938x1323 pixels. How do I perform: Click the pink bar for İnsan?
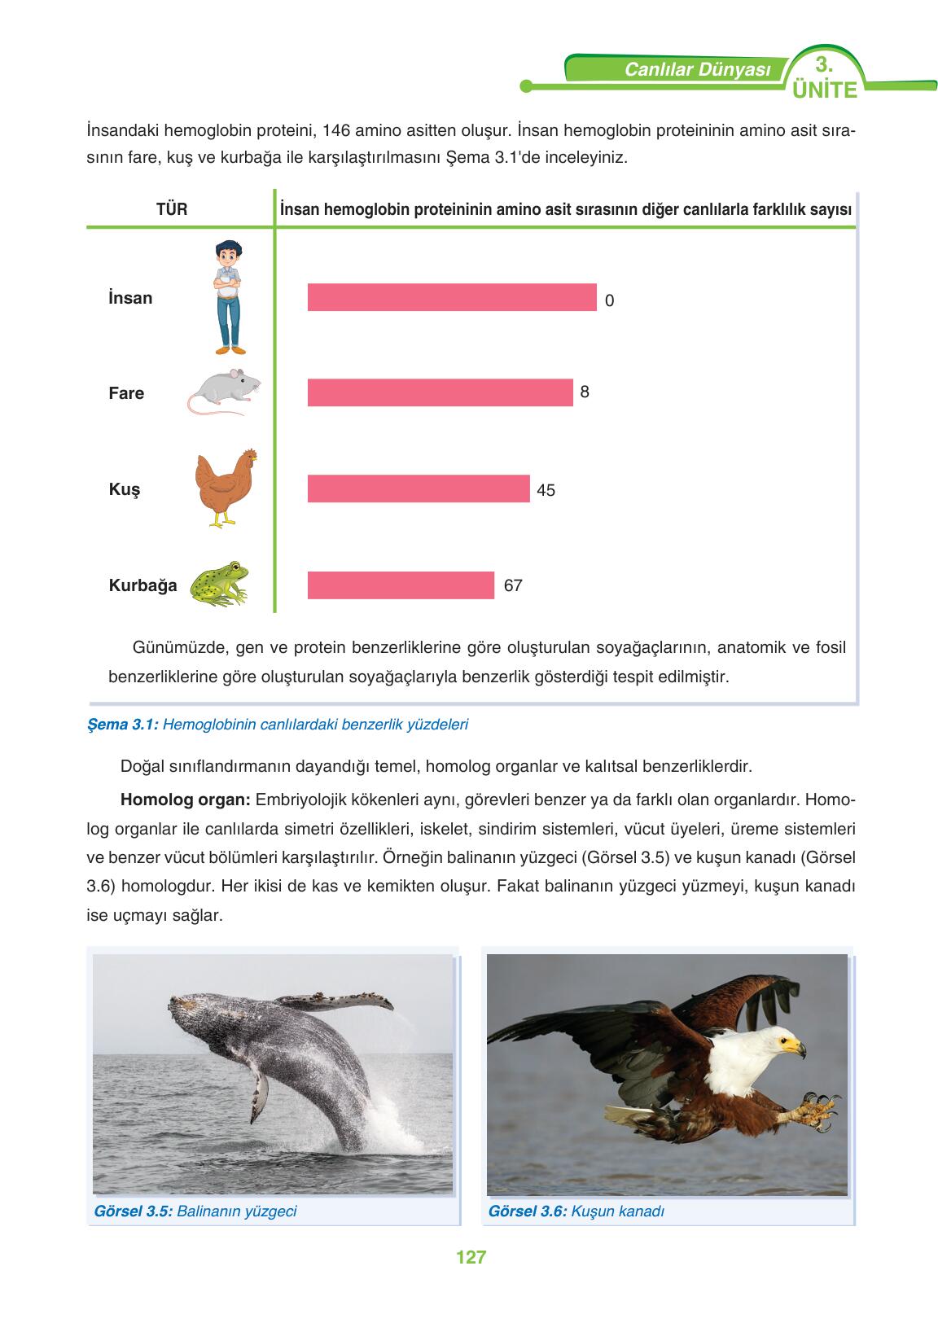(x=452, y=297)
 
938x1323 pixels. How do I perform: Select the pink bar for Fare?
(x=440, y=392)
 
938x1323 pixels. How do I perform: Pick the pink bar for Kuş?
(x=419, y=488)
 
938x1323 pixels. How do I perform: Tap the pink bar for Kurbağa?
(x=401, y=585)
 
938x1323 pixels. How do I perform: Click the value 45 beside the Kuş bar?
(x=546, y=490)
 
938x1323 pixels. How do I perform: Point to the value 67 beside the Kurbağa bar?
(x=513, y=585)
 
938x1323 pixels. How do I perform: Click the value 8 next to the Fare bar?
(x=585, y=392)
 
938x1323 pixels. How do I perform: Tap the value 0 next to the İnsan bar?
(x=610, y=300)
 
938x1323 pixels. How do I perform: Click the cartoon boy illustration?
(x=229, y=297)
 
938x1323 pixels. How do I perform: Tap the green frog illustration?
(x=219, y=584)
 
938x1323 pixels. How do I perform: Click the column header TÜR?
(x=172, y=209)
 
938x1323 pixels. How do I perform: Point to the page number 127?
(x=471, y=1256)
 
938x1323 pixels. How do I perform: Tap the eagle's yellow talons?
(x=814, y=1111)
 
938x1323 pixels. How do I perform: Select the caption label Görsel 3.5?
(x=133, y=1211)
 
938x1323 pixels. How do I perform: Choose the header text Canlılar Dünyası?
(x=697, y=70)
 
